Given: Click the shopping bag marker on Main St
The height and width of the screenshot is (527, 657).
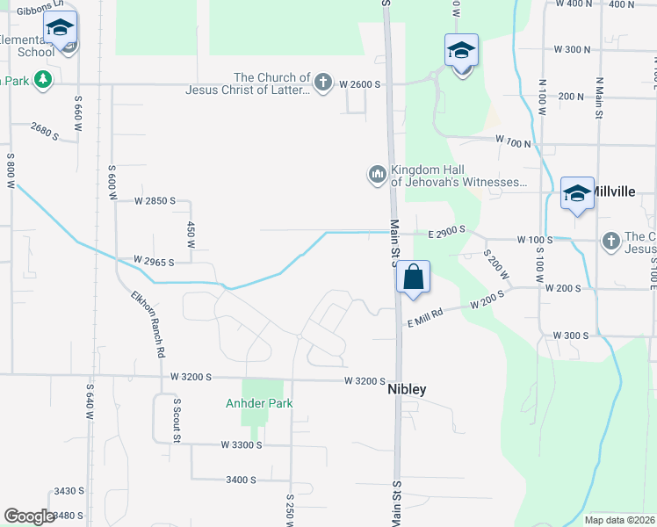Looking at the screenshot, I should coord(414,278).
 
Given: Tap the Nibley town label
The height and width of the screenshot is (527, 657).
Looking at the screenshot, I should coord(407,389).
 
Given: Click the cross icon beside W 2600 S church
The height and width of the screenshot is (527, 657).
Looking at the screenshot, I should coord(322,83).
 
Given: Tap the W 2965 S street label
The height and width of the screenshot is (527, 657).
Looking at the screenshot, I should coord(154,261).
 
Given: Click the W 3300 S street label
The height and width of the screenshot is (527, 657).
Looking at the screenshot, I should coord(242,445).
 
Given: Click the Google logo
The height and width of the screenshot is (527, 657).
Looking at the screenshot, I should coord(30,516).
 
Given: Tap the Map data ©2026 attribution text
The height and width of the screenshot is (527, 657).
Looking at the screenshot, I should coord(618,520).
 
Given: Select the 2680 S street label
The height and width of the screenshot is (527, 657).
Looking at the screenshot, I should coord(44,132).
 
